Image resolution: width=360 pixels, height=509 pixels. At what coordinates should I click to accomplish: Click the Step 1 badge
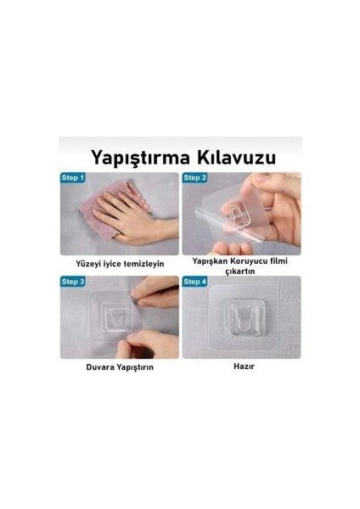point(73,178)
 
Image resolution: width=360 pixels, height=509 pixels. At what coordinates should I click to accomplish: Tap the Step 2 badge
point(194,178)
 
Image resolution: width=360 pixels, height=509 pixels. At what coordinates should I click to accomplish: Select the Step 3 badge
point(73,282)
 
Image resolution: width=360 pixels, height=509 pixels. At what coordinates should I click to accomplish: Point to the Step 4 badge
point(194,282)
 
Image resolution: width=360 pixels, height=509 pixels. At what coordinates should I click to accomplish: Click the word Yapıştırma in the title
point(140,158)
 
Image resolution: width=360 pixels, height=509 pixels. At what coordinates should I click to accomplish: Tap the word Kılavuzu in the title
point(237,158)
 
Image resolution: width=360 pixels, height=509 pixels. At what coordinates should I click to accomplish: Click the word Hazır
point(244,366)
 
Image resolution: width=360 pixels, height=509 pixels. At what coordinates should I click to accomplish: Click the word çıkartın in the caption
point(240,271)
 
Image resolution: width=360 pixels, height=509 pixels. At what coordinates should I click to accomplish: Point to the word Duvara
point(100,367)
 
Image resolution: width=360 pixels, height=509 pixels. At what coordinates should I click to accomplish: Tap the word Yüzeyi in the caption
point(88,264)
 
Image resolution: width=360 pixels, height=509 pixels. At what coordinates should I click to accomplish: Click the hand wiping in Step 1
point(133,221)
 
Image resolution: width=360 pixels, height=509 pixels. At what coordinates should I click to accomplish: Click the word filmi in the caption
point(279,261)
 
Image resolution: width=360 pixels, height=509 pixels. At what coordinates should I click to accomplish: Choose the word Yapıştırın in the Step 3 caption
point(135,367)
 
